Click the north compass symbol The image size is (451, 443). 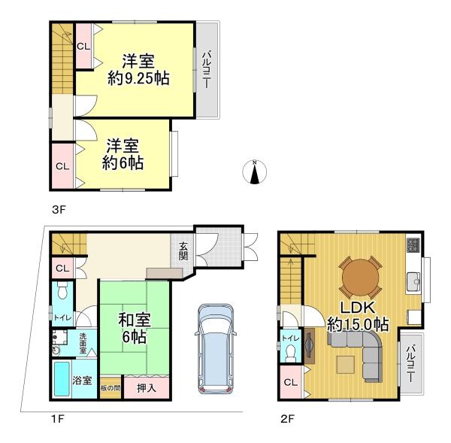tap(255, 171)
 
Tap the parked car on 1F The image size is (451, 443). tap(216, 349)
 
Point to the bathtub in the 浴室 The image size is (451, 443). tap(62, 378)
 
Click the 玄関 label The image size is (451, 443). tap(183, 250)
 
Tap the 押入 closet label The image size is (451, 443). tap(147, 388)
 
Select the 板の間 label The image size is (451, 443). tap(110, 388)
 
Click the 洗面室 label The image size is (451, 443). tap(83, 343)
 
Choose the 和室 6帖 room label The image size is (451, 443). tap(135, 328)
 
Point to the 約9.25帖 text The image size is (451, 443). tap(138, 78)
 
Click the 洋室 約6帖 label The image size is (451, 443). tap(123, 154)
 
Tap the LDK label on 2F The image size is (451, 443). tap(358, 308)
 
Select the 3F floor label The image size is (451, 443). tap(59, 210)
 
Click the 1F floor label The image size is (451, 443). tap(57, 418)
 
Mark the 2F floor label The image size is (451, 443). tap(287, 418)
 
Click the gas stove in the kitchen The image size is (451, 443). tap(413, 244)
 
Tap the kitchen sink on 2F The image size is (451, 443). tap(413, 281)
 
